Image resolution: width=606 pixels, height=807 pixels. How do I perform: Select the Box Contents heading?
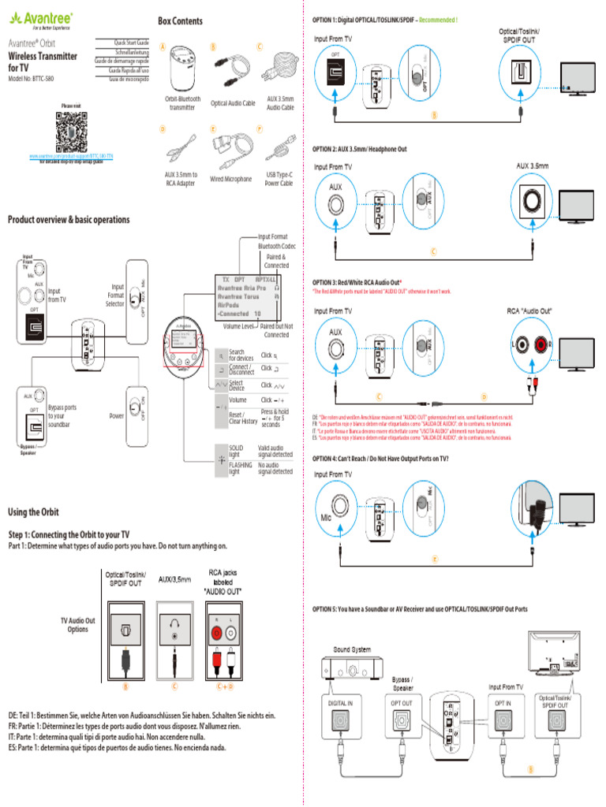(180, 21)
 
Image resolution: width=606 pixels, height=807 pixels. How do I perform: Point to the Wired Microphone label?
(230, 179)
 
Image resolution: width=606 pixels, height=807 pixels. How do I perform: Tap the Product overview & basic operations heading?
(69, 220)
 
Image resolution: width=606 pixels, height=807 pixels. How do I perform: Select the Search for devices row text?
(237, 355)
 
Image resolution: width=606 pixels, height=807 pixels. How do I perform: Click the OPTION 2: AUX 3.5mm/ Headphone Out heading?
(360, 149)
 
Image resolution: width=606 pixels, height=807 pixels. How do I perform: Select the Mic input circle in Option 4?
(335, 505)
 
